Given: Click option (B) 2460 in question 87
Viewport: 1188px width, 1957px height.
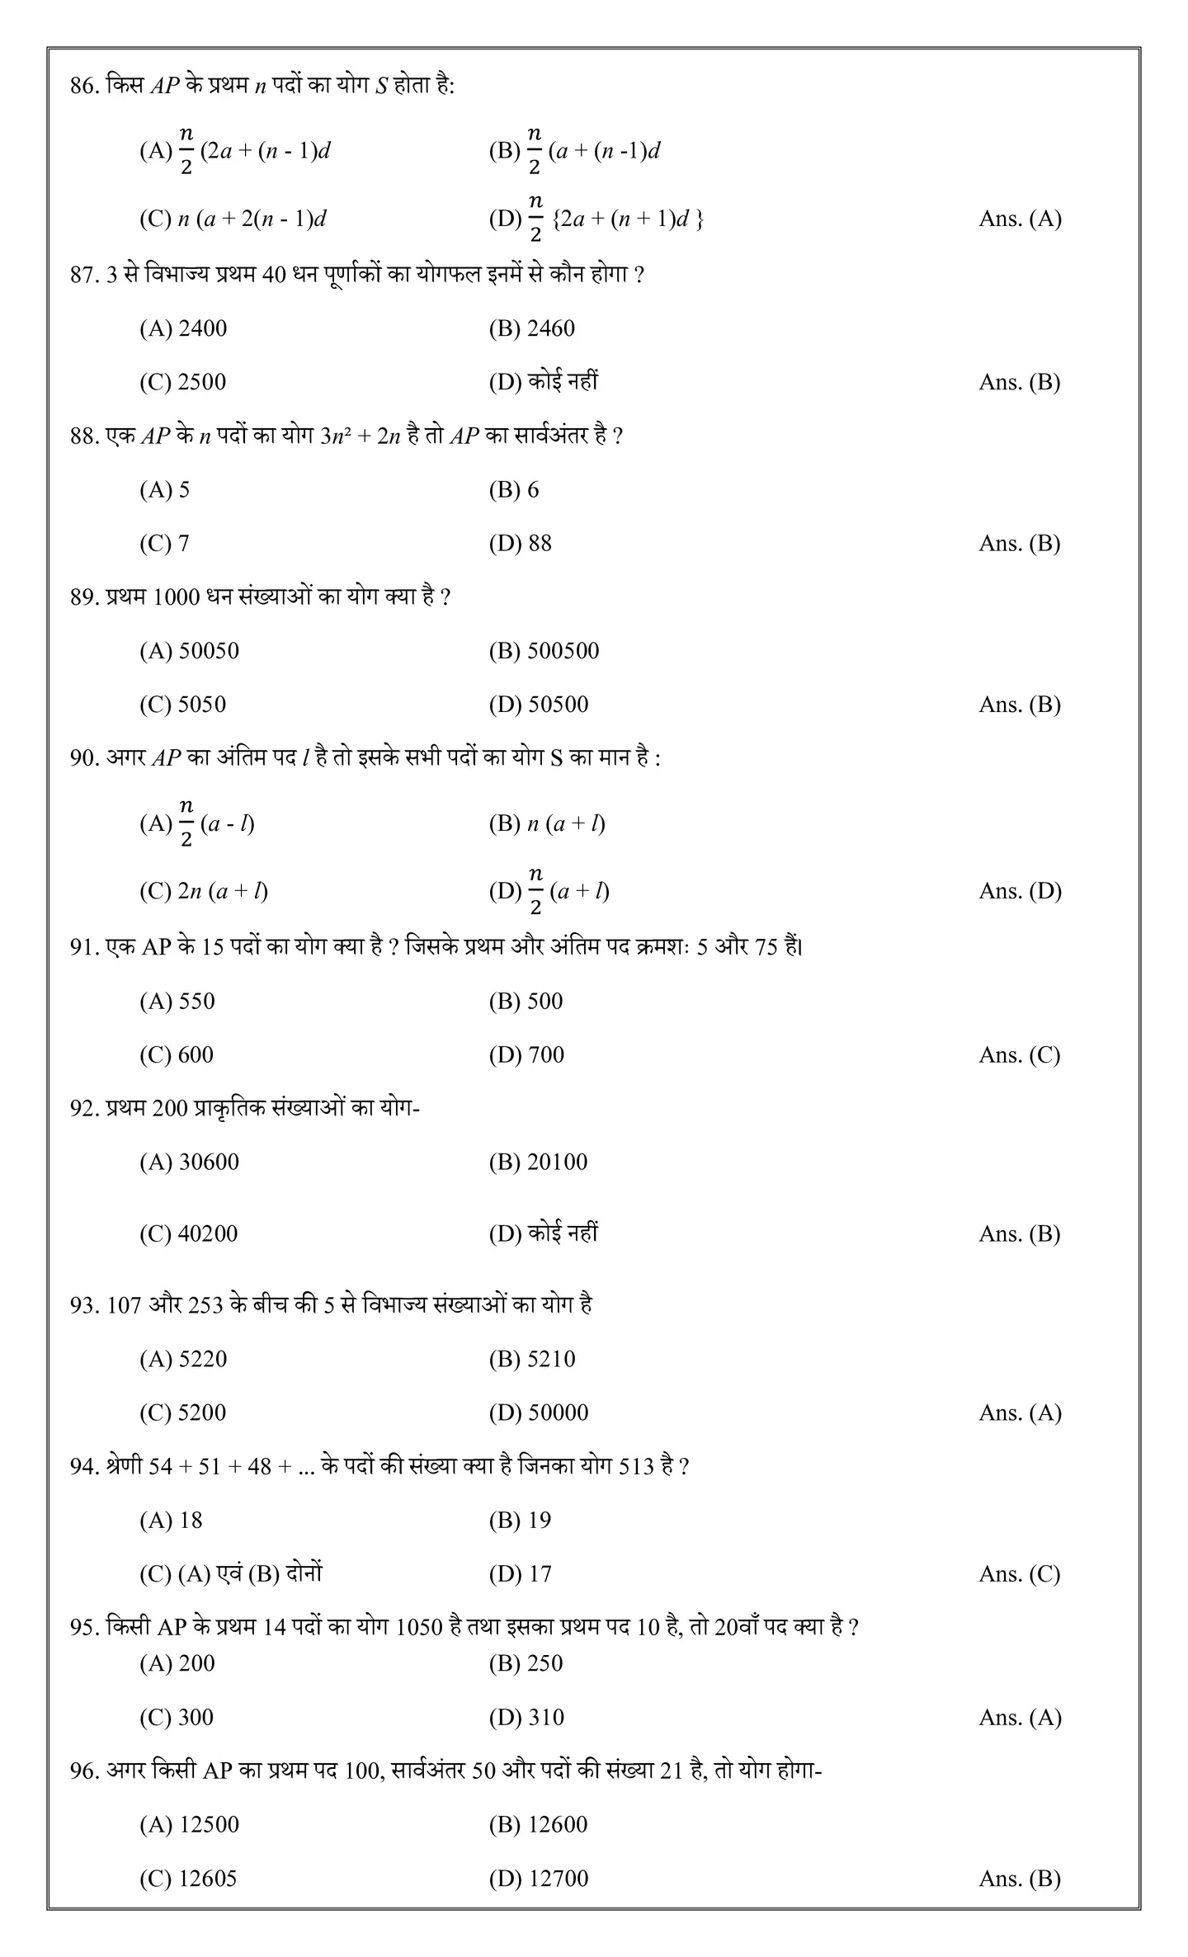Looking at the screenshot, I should click(531, 328).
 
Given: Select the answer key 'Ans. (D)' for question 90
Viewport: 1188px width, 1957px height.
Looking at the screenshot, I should click(1020, 891).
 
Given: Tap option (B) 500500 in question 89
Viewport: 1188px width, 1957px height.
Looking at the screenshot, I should click(544, 651).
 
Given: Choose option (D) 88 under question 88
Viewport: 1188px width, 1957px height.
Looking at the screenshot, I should click(520, 544).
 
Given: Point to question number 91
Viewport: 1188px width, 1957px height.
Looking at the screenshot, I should click(84, 947).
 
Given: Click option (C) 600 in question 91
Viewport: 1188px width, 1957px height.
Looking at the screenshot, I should click(177, 1055).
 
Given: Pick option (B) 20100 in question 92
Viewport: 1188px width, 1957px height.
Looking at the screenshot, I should click(538, 1162).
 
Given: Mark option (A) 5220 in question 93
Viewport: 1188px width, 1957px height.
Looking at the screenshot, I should click(183, 1359).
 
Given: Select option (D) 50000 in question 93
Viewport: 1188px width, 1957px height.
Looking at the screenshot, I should click(538, 1412).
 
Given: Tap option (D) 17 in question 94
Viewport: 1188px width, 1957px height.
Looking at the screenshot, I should click(520, 1574).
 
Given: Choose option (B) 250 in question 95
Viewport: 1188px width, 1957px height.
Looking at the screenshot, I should click(526, 1663).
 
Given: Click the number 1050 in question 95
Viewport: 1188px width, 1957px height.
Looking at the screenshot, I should click(419, 1628).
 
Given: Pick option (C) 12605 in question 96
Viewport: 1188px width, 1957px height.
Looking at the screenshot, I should click(188, 1879).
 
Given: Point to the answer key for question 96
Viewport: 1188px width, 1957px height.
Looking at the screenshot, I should click(1020, 1879).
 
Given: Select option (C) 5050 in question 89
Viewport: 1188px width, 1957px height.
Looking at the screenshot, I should click(182, 705).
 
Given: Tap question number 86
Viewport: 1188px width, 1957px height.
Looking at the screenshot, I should click(84, 86).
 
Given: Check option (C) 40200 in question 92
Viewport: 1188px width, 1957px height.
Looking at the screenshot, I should click(188, 1234).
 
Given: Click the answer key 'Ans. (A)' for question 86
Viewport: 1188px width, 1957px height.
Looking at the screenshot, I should click(1020, 219).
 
